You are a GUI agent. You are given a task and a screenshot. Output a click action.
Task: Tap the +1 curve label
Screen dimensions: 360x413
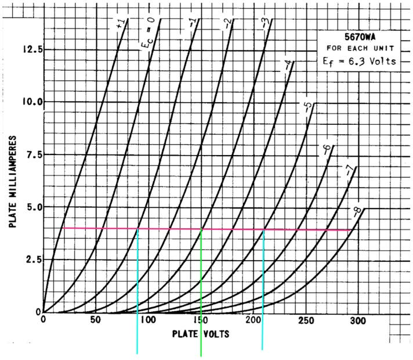(121, 25)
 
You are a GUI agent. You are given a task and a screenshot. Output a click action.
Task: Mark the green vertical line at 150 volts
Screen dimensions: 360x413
(201, 290)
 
